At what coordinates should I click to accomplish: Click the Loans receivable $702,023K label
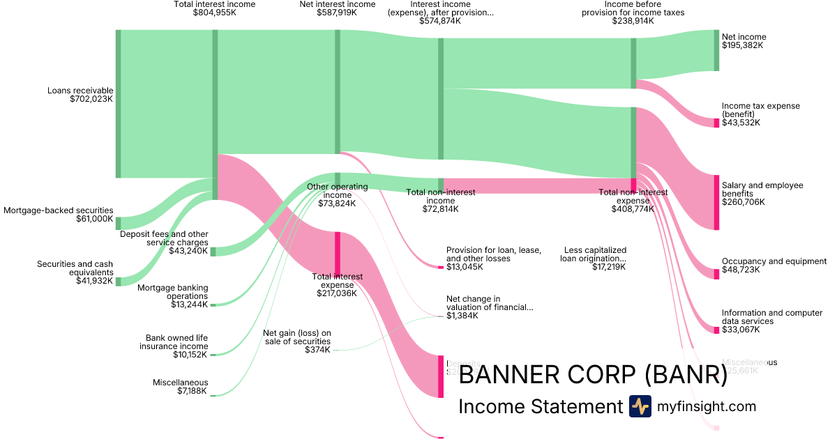pyautogui.click(x=80, y=95)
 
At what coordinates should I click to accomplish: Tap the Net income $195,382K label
pyautogui.click(x=744, y=41)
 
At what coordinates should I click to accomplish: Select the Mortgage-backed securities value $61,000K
pyautogui.click(x=94, y=219)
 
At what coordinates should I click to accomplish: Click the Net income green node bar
pyautogui.click(x=716, y=50)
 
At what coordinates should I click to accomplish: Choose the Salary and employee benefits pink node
pyautogui.click(x=716, y=202)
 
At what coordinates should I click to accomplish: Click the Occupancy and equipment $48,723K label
pyautogui.click(x=774, y=265)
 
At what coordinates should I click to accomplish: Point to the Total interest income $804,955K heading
pyautogui.click(x=215, y=8)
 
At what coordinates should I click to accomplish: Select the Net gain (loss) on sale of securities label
pyautogui.click(x=296, y=341)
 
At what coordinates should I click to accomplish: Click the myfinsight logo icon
pyautogui.click(x=640, y=406)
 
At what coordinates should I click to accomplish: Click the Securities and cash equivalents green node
pyautogui.click(x=118, y=282)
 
